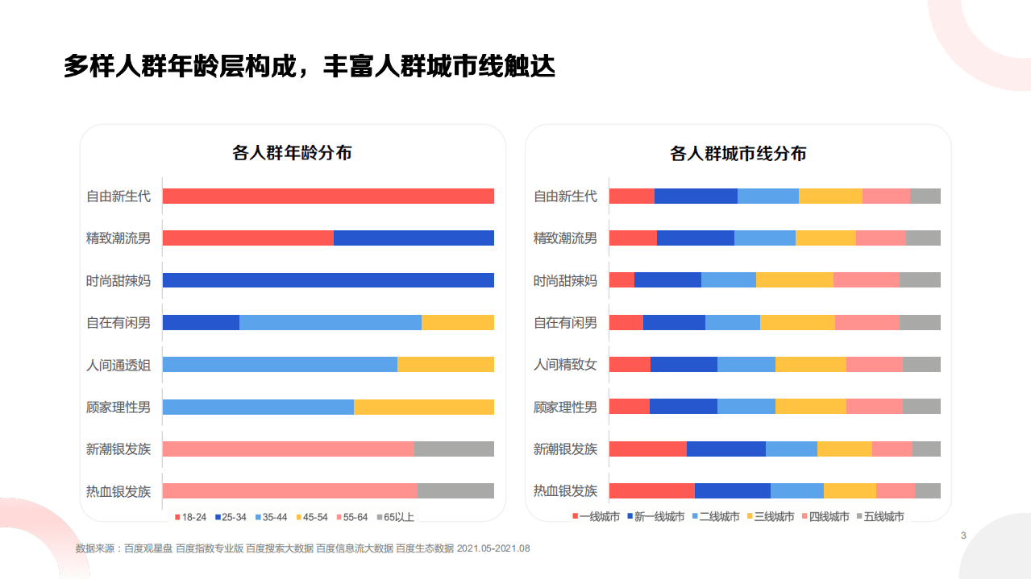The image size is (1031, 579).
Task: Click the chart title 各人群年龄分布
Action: pos(292,153)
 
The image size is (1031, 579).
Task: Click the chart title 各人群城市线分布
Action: pos(738,153)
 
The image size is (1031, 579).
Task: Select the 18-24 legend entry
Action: pos(190,517)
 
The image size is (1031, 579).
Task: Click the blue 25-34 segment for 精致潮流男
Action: pos(414,238)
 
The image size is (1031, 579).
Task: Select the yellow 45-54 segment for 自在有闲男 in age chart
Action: pos(457,322)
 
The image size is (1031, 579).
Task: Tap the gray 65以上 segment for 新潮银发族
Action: pos(454,449)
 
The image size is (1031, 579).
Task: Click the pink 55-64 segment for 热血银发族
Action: pos(290,490)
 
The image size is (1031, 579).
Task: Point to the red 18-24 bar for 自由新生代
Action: pos(328,196)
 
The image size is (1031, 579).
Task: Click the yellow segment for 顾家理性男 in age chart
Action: pos(423,407)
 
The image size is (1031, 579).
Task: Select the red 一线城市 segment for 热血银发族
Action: pos(651,490)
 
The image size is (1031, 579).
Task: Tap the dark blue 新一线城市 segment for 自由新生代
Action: pos(696,196)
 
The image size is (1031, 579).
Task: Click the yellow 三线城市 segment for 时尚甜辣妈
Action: pos(794,279)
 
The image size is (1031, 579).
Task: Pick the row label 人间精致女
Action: pos(565,364)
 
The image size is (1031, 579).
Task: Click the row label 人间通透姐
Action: pos(118,364)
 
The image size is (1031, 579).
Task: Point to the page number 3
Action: pos(963,536)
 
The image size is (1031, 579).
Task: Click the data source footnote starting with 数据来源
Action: pos(302,548)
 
